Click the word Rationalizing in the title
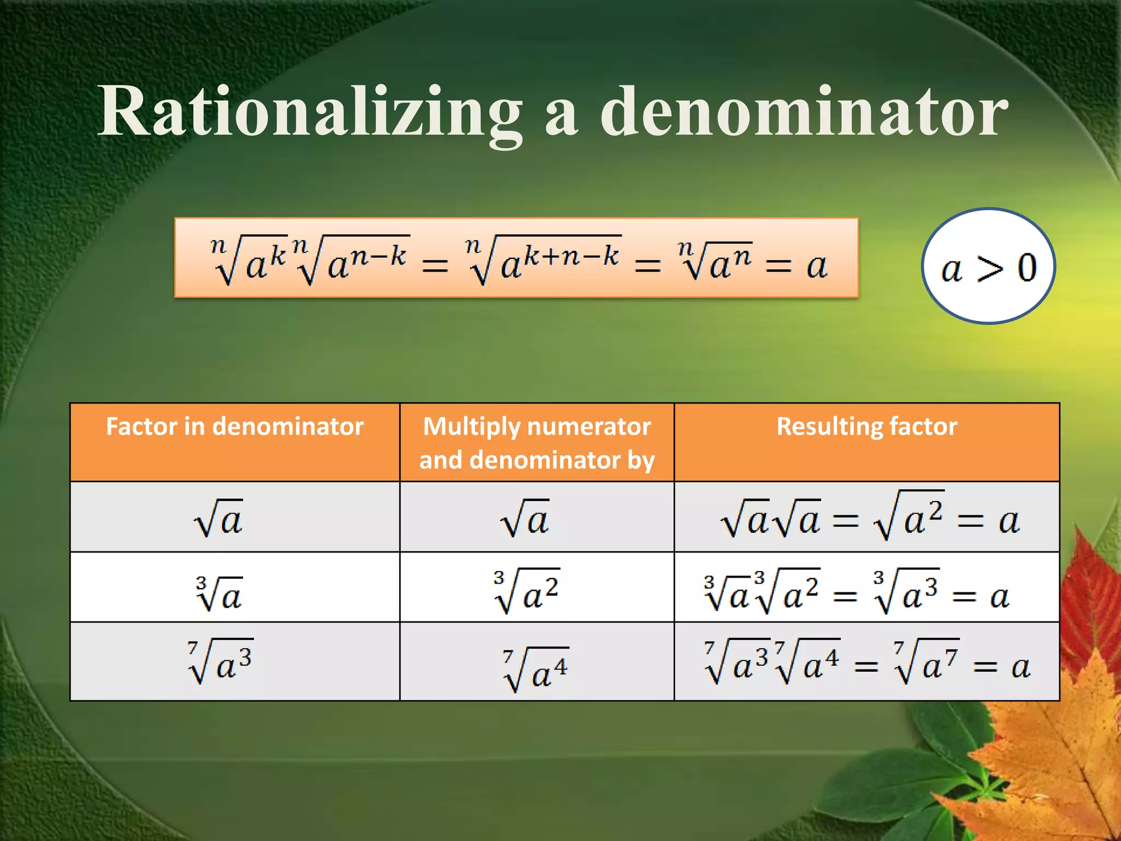pyautogui.click(x=309, y=112)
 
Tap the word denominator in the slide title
pyautogui.click(x=804, y=112)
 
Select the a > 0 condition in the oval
pyautogui.click(x=989, y=268)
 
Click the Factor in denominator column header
pyautogui.click(x=234, y=427)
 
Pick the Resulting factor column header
pyautogui.click(x=866, y=427)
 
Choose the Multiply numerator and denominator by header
pyautogui.click(x=537, y=442)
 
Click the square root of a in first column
pyautogui.click(x=218, y=518)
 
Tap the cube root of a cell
pyautogui.click(x=218, y=594)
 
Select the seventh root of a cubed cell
pyautogui.click(x=220, y=661)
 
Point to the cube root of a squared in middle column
pyautogui.click(x=526, y=592)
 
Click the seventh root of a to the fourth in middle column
pyautogui.click(x=535, y=670)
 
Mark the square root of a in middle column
pyautogui.click(x=524, y=518)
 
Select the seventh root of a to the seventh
pyautogui.click(x=926, y=661)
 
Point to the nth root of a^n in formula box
pyautogui.click(x=715, y=262)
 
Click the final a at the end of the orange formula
pyautogui.click(x=817, y=267)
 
